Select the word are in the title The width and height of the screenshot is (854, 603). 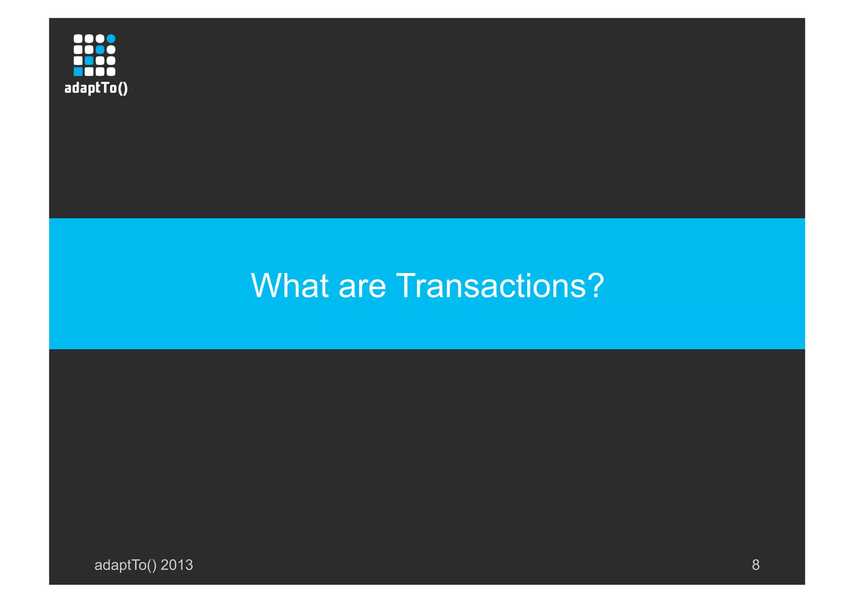(362, 287)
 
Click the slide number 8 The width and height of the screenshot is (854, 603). (755, 565)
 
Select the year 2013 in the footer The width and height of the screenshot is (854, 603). (177, 565)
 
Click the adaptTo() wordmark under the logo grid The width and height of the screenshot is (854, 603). (96, 88)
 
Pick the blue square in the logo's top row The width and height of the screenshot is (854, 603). (111, 39)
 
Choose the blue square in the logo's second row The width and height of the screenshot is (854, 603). (100, 50)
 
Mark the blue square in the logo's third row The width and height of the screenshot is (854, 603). (89, 61)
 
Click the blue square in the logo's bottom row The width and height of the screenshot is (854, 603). (78, 72)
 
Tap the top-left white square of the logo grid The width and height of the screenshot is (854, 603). (78, 39)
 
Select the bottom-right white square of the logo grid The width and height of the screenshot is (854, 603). (111, 72)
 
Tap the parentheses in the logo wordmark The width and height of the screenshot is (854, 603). (123, 88)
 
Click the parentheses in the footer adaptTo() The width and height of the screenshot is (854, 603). (152, 565)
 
